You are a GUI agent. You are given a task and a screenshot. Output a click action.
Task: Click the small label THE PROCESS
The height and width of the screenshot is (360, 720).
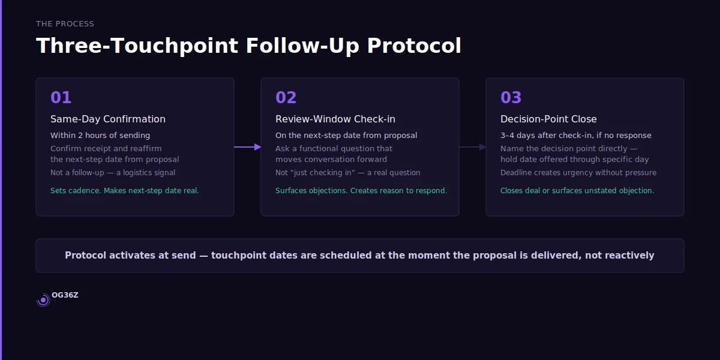[65, 24]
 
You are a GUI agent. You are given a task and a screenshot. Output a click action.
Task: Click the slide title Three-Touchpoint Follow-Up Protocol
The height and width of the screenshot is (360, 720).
[248, 46]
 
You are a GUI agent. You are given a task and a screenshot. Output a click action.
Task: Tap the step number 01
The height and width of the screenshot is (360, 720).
[61, 97]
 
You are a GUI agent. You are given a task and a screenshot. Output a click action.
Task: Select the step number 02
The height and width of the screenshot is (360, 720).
[286, 97]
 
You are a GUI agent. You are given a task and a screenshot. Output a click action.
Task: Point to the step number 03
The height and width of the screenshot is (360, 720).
[511, 97]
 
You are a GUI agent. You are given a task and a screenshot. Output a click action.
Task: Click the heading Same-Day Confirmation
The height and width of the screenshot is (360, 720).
[108, 119]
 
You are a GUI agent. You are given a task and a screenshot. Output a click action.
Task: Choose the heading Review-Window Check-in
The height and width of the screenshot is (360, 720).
[335, 119]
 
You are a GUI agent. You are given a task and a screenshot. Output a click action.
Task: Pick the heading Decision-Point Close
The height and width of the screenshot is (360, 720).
[548, 119]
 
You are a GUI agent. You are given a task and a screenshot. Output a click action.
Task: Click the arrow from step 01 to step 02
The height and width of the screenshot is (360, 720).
[247, 147]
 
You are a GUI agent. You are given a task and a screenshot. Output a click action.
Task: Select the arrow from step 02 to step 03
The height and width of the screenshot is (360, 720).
[472, 147]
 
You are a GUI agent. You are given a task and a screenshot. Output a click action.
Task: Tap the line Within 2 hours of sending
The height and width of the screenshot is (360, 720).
[100, 136]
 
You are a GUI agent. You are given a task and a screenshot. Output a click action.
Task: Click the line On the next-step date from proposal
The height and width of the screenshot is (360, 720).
[346, 136]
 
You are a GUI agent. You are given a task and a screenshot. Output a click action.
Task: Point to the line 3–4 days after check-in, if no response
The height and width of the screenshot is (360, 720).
[575, 136]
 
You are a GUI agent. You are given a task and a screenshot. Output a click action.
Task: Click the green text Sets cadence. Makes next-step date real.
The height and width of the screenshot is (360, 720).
[124, 191]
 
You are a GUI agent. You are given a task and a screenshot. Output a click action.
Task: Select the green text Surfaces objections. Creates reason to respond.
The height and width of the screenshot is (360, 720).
[361, 191]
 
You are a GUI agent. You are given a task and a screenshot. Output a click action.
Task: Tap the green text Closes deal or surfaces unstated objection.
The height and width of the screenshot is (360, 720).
[577, 191]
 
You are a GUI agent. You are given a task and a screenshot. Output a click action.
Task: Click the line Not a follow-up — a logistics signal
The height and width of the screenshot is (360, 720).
[113, 173]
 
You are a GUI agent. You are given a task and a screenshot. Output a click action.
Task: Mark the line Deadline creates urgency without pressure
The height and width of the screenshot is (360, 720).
[578, 173]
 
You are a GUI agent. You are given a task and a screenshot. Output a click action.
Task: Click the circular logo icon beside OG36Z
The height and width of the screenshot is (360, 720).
[43, 300]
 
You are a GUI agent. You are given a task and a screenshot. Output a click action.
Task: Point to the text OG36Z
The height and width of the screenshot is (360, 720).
[65, 295]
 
